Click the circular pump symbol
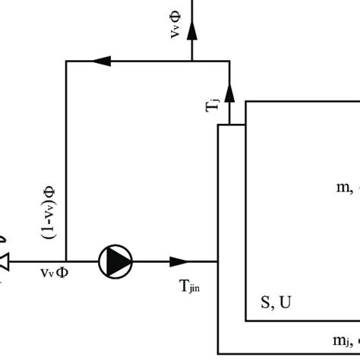pyautogui.click(x=115, y=261)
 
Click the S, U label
pyautogui.click(x=276, y=302)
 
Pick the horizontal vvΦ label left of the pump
pyautogui.click(x=54, y=272)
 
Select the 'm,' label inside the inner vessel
pyautogui.click(x=343, y=187)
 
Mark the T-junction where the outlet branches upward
pyautogui.click(x=192, y=61)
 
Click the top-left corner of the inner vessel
pyautogui.click(x=246, y=99)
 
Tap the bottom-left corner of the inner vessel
pyautogui.click(x=246, y=321)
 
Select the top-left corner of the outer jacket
pyautogui.click(x=219, y=125)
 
